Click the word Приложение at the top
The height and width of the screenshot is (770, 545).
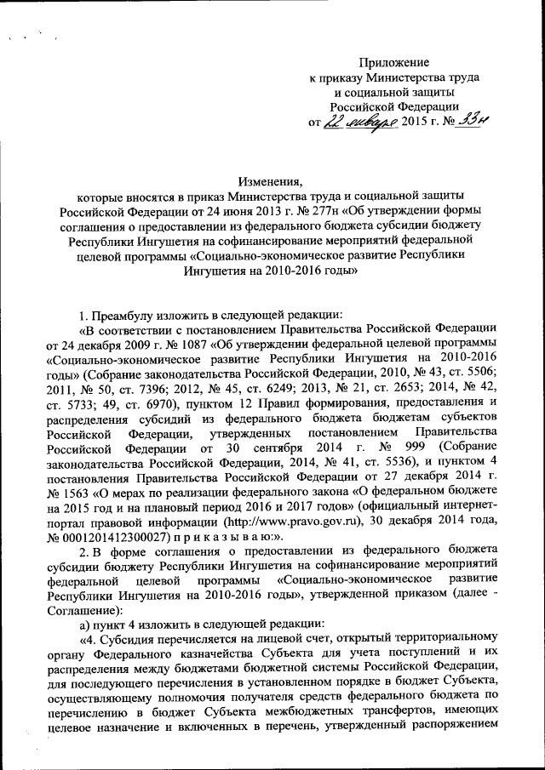[393, 62]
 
